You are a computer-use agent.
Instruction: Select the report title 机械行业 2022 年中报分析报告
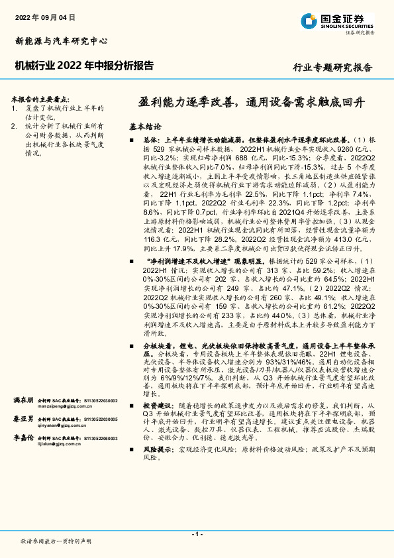pos(84,66)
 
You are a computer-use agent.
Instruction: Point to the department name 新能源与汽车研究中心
pos(61,41)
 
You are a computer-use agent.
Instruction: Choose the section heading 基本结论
pos(144,125)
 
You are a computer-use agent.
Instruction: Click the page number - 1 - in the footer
pos(197,534)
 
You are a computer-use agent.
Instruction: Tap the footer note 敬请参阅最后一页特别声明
pos(56,541)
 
